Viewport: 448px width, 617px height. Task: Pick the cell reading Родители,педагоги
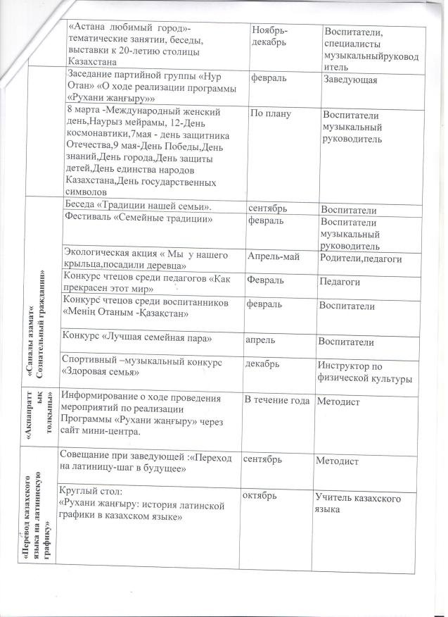tap(361, 259)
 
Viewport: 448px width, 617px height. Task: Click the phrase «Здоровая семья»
tap(99, 371)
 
